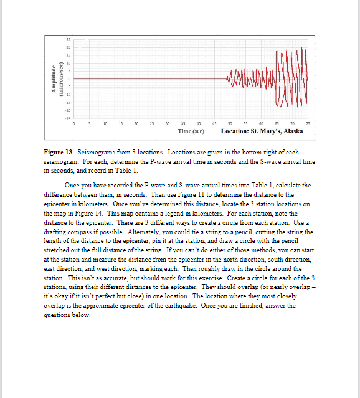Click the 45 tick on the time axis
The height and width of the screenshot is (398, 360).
(214, 125)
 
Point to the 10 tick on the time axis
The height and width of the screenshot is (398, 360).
(105, 125)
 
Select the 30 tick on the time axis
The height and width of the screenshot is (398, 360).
(168, 125)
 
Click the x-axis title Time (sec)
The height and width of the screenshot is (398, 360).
(191, 131)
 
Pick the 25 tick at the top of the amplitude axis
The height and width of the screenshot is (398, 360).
(68, 40)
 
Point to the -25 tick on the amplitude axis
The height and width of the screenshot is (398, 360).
(67, 118)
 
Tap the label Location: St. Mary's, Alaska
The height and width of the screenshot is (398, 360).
(262, 131)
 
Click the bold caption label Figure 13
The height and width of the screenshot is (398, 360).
(59, 153)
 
